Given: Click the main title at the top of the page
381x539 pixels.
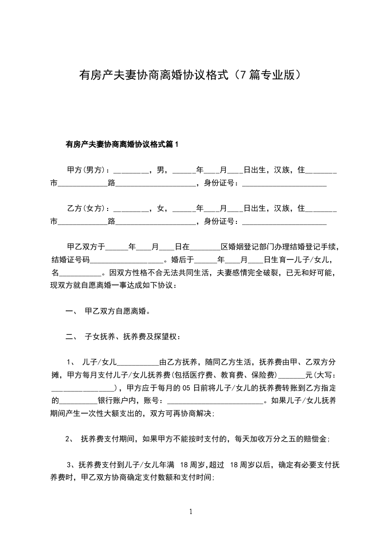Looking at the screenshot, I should [190, 75].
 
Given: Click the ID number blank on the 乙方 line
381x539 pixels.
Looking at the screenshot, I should [284, 221].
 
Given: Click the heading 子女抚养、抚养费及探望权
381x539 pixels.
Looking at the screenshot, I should [132, 336].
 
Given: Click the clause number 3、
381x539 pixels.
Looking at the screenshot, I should [71, 465].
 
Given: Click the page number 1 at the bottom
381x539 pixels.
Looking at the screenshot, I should [191, 512].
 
